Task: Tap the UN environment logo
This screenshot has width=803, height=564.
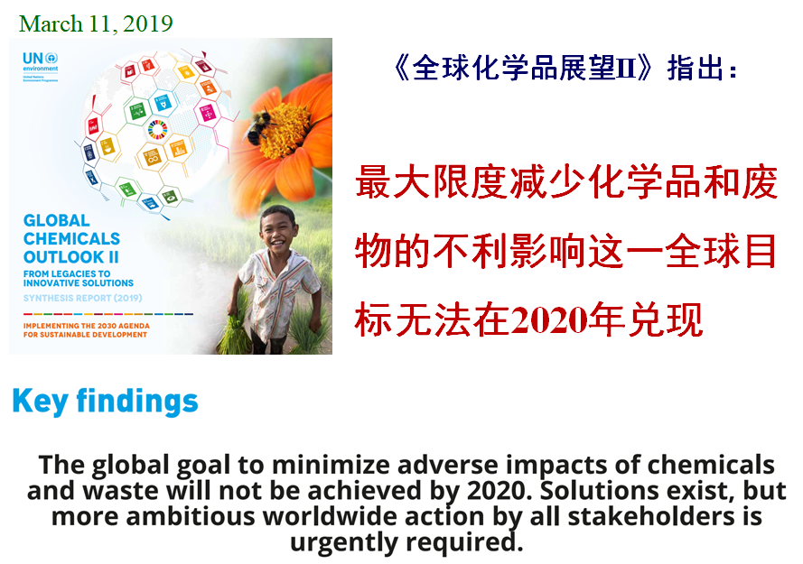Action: coord(40,64)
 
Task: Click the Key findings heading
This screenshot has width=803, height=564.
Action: coord(105,401)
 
